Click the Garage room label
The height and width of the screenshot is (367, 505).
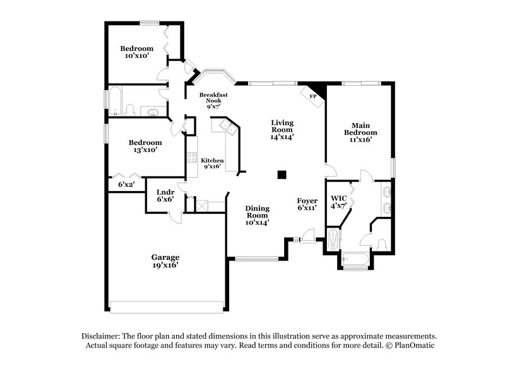tap(165, 261)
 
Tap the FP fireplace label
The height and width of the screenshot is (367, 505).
tap(312, 96)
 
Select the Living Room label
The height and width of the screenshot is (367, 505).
tap(282, 129)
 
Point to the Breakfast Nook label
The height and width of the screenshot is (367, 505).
tap(213, 101)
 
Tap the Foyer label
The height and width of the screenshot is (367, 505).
tap(307, 204)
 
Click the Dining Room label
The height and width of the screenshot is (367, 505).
tap(258, 215)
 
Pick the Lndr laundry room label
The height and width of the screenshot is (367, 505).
tap(165, 195)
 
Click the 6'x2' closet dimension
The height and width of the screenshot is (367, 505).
tap(127, 185)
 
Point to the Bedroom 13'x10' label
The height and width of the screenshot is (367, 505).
tap(145, 146)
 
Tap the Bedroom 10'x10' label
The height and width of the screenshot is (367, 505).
tap(137, 52)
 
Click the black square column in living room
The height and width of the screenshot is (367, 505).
tap(283, 175)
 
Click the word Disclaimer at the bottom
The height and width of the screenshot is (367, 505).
tap(102, 337)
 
